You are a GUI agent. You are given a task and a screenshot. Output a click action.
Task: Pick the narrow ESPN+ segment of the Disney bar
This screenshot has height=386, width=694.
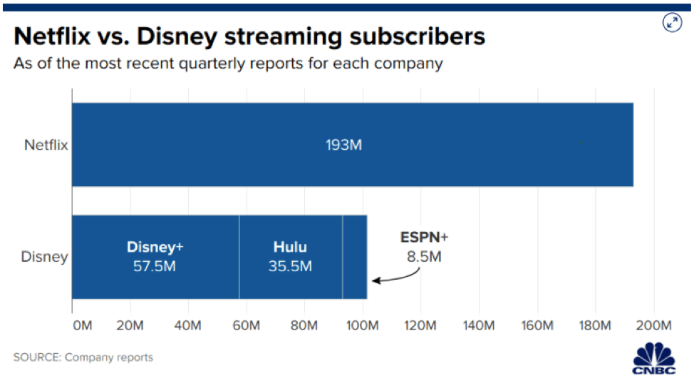pyautogui.click(x=355, y=257)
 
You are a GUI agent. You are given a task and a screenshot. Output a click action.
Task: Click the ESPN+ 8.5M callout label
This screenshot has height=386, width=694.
pyautogui.click(x=424, y=247)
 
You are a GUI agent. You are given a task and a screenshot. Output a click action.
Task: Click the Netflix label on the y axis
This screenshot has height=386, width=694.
pyautogui.click(x=46, y=145)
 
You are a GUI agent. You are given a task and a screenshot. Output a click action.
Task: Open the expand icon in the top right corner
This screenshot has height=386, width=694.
pyautogui.click(x=672, y=22)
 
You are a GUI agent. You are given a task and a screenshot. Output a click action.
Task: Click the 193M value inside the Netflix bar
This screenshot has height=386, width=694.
pyautogui.click(x=345, y=145)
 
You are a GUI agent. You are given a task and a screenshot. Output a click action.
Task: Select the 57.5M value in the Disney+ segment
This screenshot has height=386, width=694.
pyautogui.click(x=155, y=266)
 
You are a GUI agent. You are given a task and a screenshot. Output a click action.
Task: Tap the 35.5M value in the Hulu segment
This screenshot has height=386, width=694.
pyautogui.click(x=290, y=266)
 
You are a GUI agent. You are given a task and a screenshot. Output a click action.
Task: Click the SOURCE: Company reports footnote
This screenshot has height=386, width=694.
pyautogui.click(x=83, y=357)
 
